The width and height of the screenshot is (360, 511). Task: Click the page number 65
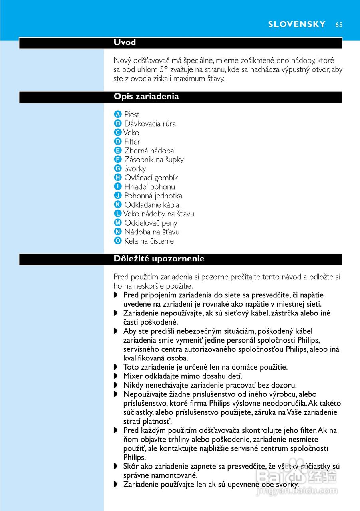[x=339, y=24]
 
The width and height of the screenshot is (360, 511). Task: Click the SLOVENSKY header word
[x=297, y=24]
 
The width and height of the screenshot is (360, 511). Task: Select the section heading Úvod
[x=125, y=42]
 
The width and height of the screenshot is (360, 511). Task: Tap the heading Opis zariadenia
[x=146, y=97]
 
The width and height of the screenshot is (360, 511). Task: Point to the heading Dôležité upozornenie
[x=159, y=259]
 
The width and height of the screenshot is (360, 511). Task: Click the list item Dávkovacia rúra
[x=150, y=124]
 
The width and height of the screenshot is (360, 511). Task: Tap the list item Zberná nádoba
[x=149, y=151]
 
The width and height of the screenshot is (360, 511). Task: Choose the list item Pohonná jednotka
[x=153, y=196]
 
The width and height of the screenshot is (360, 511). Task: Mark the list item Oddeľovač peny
[x=151, y=223]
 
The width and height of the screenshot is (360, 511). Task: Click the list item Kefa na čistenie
[x=149, y=241]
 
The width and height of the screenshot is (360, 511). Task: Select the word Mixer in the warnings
[x=133, y=376]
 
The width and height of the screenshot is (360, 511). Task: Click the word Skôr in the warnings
[x=131, y=466]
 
